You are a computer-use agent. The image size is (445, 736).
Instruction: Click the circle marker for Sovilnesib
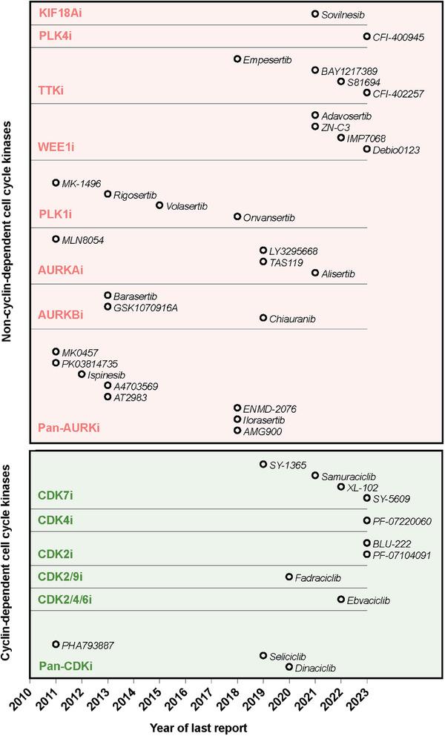click(315, 14)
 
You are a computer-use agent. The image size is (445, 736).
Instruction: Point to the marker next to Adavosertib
click(315, 116)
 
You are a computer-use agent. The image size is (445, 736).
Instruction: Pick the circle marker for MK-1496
click(56, 182)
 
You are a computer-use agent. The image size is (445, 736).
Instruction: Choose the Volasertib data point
click(159, 205)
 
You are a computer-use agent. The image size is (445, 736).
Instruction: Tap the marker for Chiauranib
click(263, 318)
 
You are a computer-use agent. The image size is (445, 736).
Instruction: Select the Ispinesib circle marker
click(82, 374)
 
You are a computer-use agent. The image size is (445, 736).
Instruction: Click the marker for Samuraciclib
click(315, 476)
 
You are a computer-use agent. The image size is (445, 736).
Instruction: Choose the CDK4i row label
click(56, 520)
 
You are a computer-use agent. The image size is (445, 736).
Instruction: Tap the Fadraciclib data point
click(289, 577)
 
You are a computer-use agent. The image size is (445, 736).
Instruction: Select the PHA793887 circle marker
click(56, 645)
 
